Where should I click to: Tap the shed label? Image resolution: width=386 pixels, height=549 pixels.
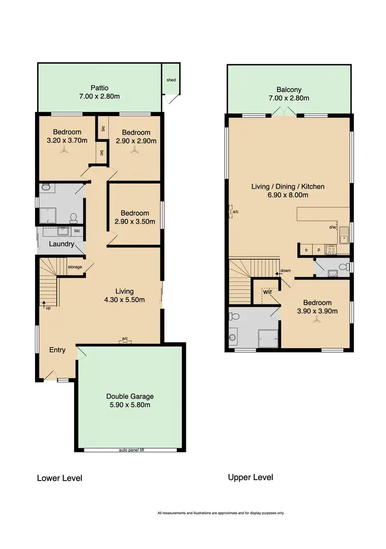tap(170, 80)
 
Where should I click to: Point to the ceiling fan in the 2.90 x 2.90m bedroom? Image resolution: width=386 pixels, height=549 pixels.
tap(134, 150)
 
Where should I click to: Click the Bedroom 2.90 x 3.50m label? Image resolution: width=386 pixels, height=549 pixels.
tap(135, 217)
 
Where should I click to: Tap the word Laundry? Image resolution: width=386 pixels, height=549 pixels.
tap(62, 244)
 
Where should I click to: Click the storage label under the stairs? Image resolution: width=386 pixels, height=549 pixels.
tap(75, 267)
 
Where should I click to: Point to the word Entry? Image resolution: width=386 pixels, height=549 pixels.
tap(57, 350)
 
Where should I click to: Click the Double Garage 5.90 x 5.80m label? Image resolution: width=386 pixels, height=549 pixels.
tap(130, 400)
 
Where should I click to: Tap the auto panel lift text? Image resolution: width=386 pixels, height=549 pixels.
tap(131, 450)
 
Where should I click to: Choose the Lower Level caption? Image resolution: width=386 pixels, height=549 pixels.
tap(59, 478)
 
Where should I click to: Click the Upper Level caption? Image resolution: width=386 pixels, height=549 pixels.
tap(250, 477)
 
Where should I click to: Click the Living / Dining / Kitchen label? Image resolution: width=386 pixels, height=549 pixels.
tap(288, 191)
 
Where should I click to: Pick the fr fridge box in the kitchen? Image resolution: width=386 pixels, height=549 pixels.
tap(306, 250)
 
